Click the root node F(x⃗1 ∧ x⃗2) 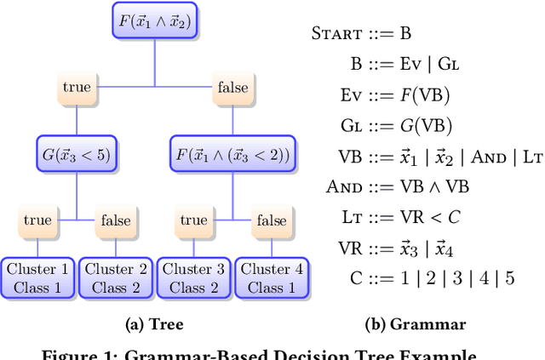(x=154, y=20)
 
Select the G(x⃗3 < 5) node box (x=77, y=154)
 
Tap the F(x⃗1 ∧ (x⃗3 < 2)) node (x=232, y=154)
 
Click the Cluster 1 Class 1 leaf (x=37, y=278)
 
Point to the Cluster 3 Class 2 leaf (x=193, y=278)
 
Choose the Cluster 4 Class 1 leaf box (x=271, y=278)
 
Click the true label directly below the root (x=77, y=87)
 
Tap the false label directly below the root (x=232, y=87)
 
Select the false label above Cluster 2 (x=115, y=220)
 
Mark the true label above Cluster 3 (x=193, y=220)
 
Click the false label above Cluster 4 (x=271, y=220)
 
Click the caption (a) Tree (x=153, y=324)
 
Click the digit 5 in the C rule (x=510, y=277)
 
